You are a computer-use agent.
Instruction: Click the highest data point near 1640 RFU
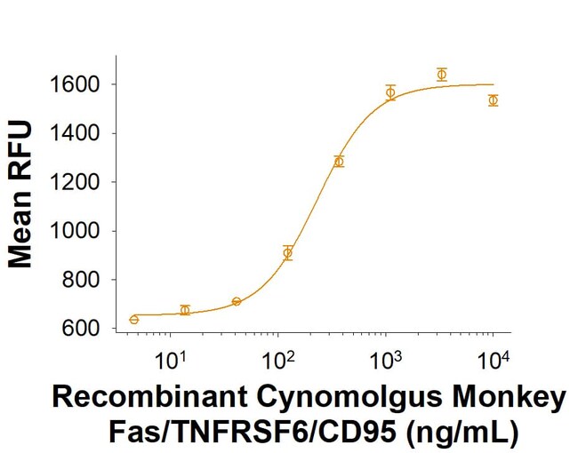441,75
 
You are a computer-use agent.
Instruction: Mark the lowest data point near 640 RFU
133,319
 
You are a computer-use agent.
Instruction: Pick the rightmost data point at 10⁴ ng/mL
493,100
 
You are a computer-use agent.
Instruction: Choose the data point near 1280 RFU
339,162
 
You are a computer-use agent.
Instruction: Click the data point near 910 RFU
287,253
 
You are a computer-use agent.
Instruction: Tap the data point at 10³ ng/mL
390,92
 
